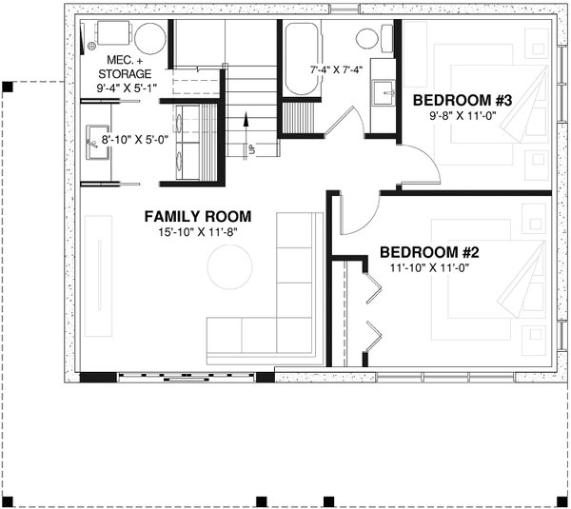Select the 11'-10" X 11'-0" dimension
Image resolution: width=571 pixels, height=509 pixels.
(432, 268)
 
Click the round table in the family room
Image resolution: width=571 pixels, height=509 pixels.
(229, 267)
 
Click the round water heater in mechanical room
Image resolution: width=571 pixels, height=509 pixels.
(149, 39)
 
